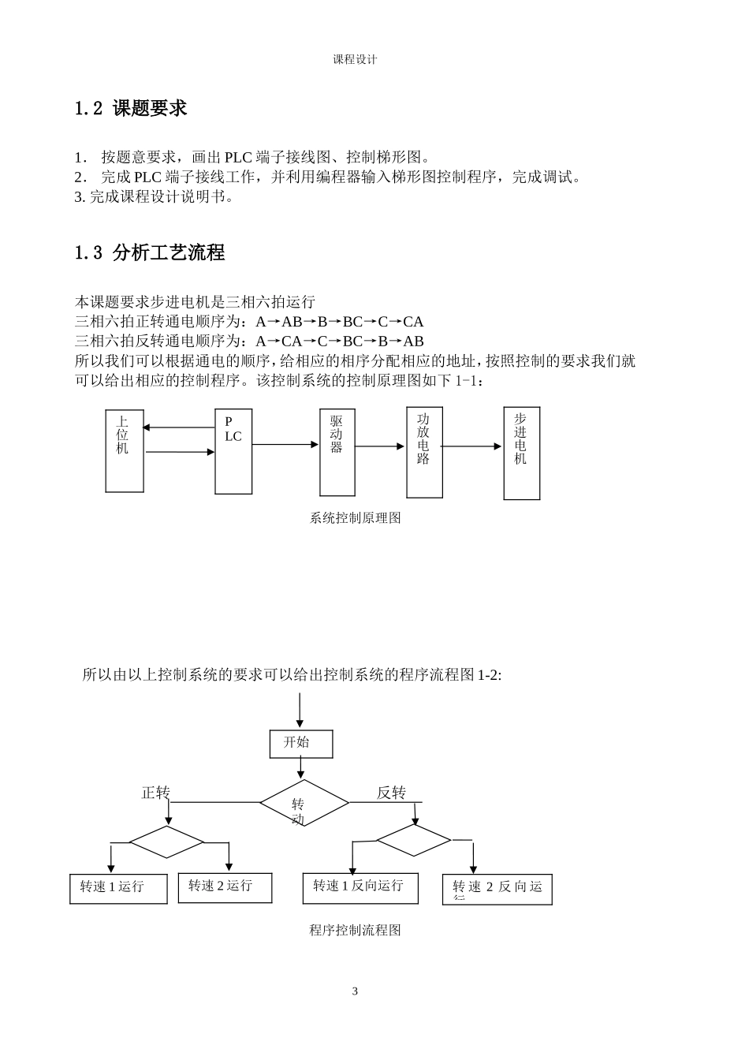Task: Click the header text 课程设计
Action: coord(355,59)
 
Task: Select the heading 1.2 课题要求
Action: coord(130,109)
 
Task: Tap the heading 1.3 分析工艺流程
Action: coord(149,253)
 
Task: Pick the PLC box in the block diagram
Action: coord(233,451)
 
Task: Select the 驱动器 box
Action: coord(337,452)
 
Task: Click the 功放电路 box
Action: coord(424,452)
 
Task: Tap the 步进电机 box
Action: coord(521,453)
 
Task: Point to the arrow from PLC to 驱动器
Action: coord(285,445)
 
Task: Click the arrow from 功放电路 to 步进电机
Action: coord(472,446)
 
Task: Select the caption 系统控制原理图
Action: coord(355,518)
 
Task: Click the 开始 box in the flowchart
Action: coord(300,744)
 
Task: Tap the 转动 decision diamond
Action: coord(304,803)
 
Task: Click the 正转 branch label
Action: coord(155,793)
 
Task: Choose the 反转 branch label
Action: coord(391,793)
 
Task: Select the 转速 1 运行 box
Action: coord(118,888)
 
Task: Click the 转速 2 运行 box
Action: coord(225,887)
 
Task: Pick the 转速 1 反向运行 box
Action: coord(360,887)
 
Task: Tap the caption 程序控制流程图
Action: coord(355,931)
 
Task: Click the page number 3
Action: coord(355,991)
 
